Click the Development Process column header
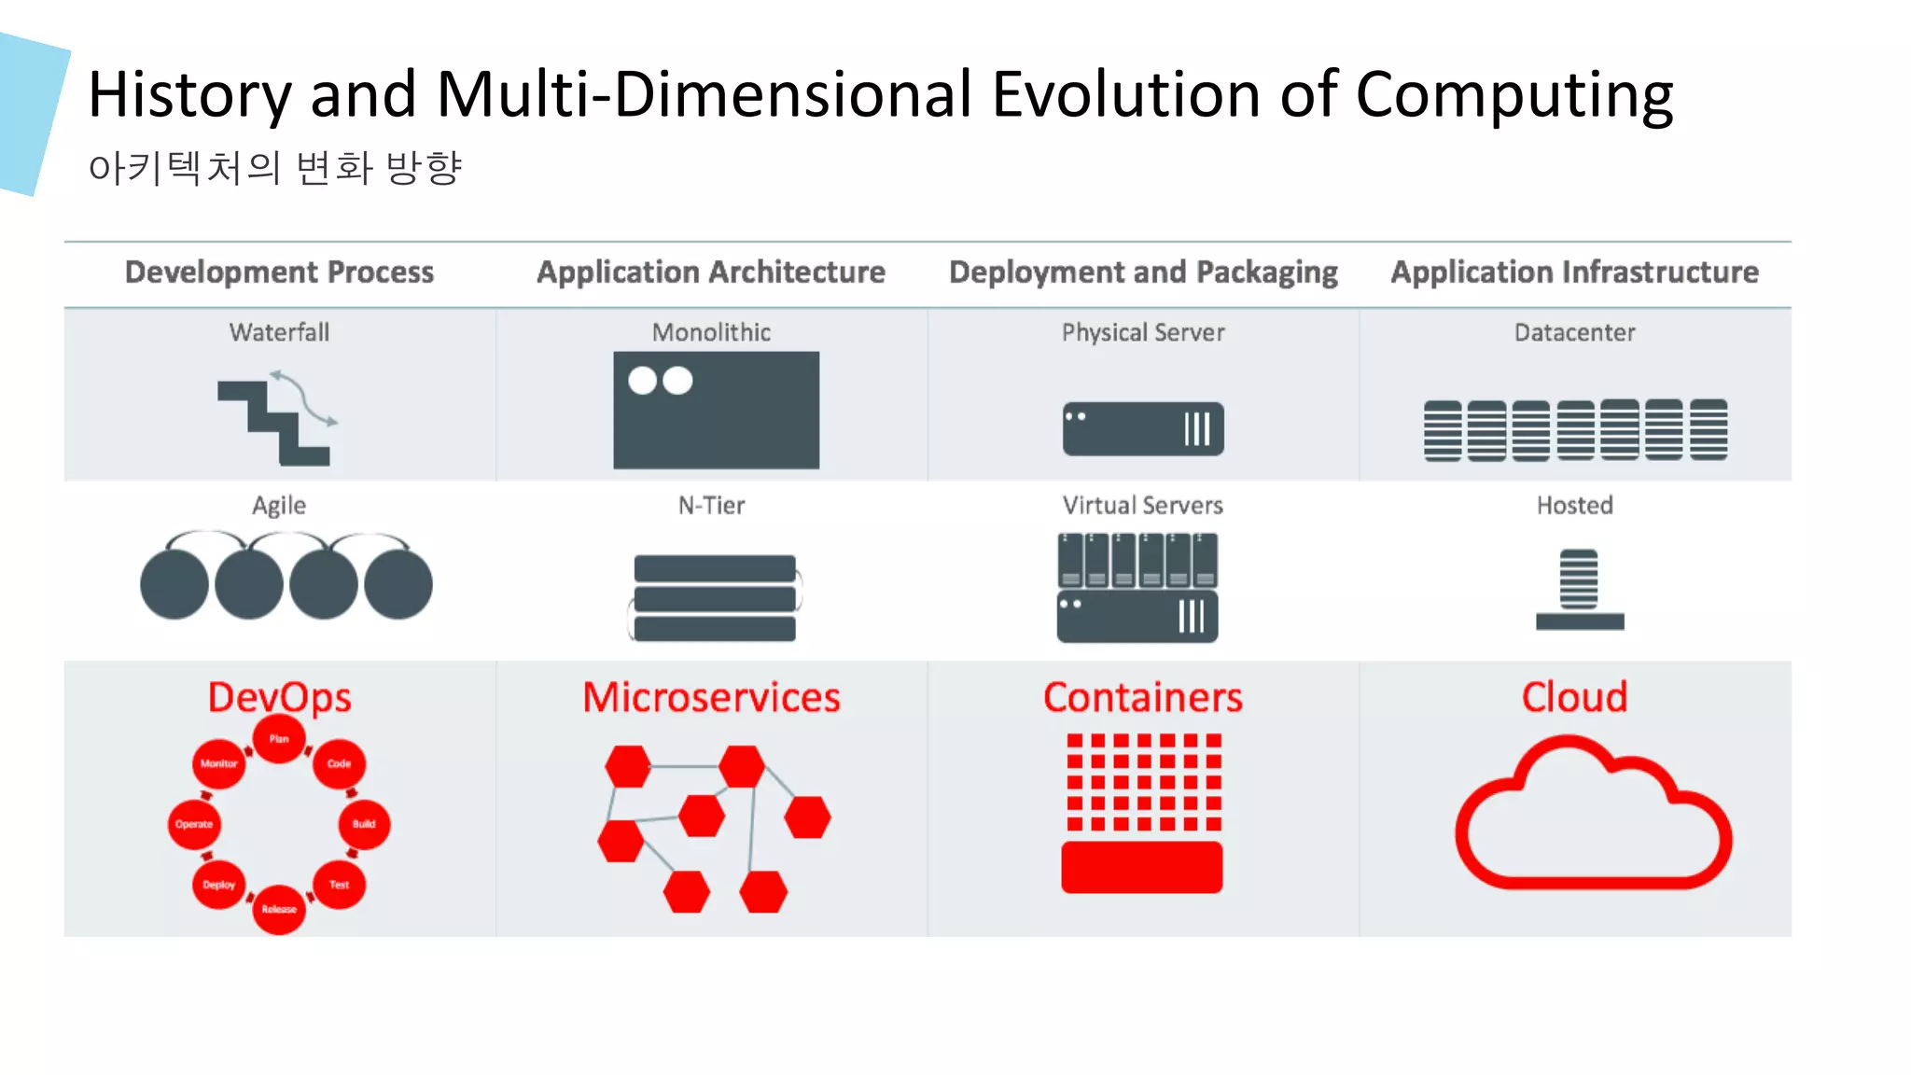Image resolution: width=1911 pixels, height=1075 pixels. (x=279, y=272)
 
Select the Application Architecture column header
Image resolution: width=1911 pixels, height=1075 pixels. (x=711, y=272)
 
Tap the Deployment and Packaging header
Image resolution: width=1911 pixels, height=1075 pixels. (x=1143, y=272)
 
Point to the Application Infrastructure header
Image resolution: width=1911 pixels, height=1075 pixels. (x=1574, y=272)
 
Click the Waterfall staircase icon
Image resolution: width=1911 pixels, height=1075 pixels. (x=275, y=420)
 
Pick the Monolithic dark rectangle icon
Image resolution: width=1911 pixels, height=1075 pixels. (x=716, y=410)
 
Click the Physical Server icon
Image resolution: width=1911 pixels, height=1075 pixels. (x=1143, y=428)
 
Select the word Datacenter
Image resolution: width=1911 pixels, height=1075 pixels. (x=1574, y=332)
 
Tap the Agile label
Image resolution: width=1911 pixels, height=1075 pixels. (x=279, y=505)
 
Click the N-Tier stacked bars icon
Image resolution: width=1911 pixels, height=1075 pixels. (x=715, y=597)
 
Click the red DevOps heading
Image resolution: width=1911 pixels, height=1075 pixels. (x=279, y=697)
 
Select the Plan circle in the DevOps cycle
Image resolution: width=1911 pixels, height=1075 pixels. (x=279, y=738)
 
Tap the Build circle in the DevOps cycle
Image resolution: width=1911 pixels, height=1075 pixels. (x=364, y=824)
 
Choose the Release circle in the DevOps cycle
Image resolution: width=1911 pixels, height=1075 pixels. (x=279, y=909)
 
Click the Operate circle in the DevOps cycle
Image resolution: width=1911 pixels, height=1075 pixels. (x=194, y=824)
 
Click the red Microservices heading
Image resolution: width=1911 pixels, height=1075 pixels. (x=711, y=697)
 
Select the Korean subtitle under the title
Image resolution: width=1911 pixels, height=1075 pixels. (x=275, y=168)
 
